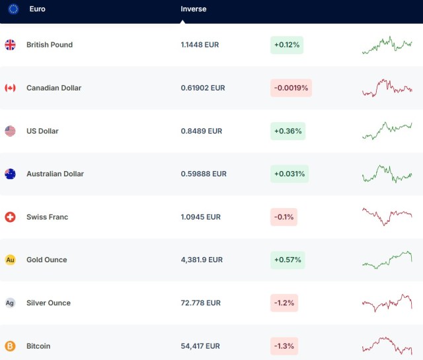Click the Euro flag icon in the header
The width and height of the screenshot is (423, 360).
[x=13, y=9]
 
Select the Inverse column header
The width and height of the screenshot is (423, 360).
[x=194, y=9]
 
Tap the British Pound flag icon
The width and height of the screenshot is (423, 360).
[x=10, y=45]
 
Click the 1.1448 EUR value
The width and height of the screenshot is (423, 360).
[x=200, y=45]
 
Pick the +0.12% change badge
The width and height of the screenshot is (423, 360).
[x=287, y=45]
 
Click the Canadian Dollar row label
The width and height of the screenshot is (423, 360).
[x=54, y=88]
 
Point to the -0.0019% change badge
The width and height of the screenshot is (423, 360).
[x=291, y=88]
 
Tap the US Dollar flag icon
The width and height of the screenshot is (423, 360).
[x=10, y=131]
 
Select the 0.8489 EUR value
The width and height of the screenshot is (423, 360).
[x=202, y=131]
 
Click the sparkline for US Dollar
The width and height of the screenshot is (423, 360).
[x=387, y=131]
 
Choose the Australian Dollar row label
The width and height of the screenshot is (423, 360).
[x=55, y=174]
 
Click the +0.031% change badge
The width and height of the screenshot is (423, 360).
[x=289, y=174]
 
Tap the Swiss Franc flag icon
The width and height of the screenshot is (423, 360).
[x=10, y=217]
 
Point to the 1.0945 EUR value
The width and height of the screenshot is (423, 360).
[x=200, y=217]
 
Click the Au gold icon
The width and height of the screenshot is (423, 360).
[x=10, y=260]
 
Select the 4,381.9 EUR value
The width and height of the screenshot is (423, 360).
[x=202, y=260]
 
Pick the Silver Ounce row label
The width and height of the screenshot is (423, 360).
[x=48, y=303]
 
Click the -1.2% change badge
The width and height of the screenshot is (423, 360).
[x=284, y=303]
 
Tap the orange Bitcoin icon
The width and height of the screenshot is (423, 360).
[x=10, y=345]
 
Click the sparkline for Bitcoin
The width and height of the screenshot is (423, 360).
[x=387, y=345]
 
